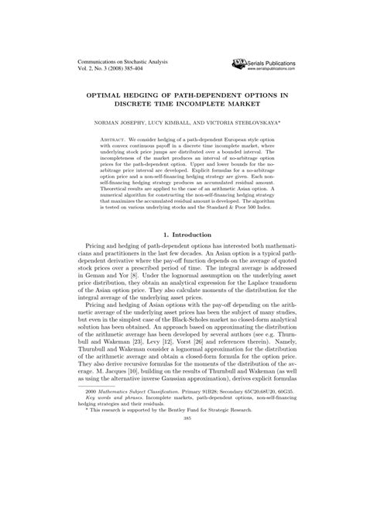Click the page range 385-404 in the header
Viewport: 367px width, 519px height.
coord(144,67)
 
